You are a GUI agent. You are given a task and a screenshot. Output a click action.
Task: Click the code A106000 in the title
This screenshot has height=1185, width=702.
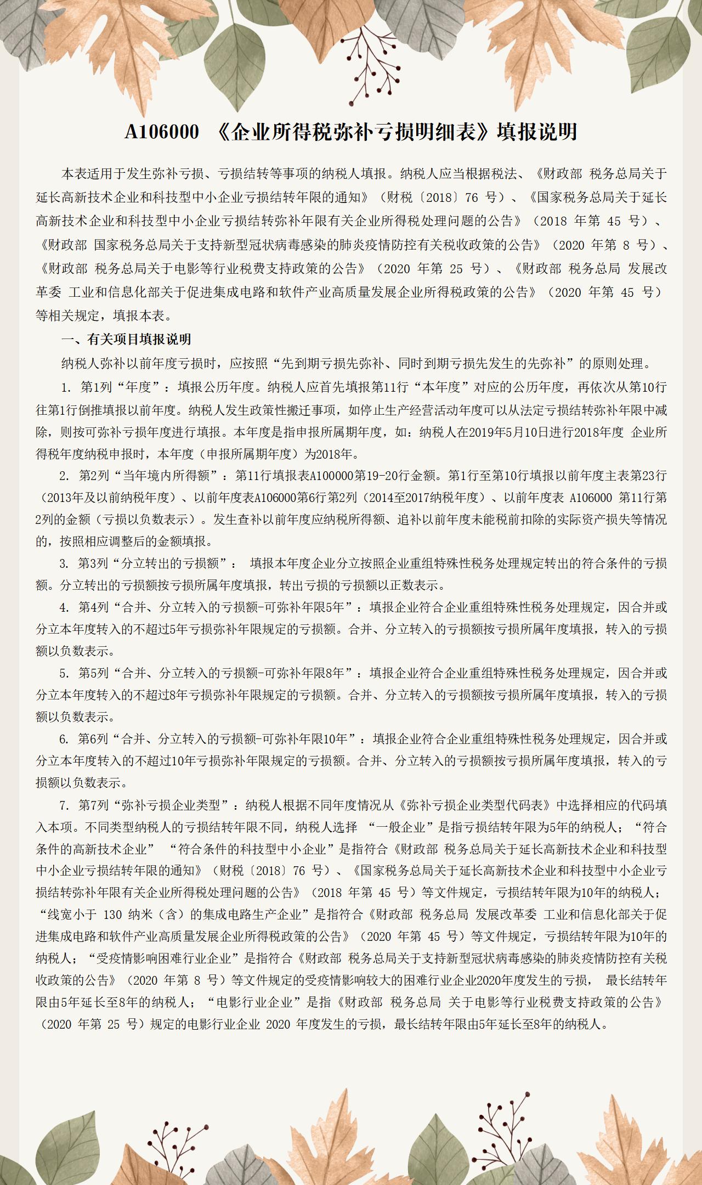click(162, 132)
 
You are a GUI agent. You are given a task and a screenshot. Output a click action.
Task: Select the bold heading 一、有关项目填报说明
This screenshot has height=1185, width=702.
click(126, 339)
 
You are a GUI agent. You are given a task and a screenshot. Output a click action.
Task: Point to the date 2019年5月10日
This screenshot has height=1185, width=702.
click(512, 432)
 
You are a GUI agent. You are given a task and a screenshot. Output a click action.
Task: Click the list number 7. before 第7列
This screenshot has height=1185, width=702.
click(65, 805)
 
